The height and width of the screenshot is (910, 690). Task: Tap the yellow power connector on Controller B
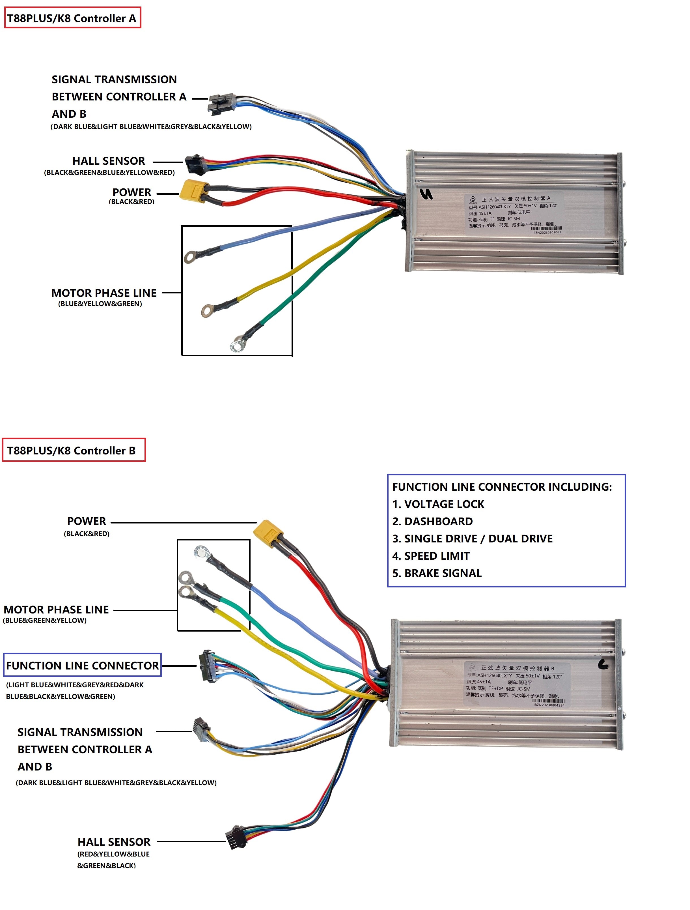(x=268, y=534)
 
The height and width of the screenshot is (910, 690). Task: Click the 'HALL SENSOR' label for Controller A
(x=109, y=161)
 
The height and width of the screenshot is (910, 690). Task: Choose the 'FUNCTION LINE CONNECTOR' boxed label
(x=82, y=666)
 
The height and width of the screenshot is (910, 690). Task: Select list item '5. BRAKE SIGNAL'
(x=437, y=573)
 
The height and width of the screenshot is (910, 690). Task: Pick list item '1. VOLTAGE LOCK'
(x=438, y=504)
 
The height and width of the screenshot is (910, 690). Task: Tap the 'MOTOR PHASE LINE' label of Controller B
(x=56, y=610)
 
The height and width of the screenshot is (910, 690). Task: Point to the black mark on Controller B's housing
(x=603, y=664)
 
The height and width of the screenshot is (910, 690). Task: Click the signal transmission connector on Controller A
(x=221, y=104)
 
